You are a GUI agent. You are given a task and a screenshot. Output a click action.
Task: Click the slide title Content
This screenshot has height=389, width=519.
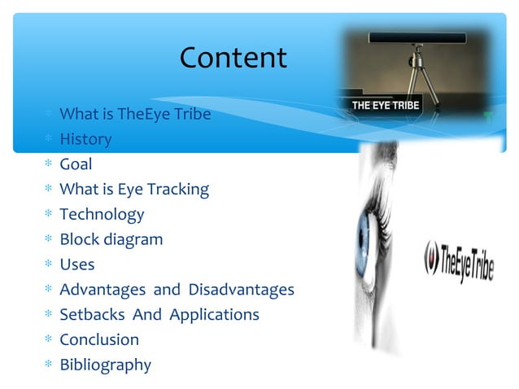(233, 58)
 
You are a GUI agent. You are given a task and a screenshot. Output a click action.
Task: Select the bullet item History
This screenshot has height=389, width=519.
(85, 139)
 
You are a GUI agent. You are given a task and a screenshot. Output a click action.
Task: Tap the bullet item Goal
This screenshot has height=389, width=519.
(76, 164)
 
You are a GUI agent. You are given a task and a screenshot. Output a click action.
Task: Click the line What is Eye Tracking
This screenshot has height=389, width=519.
(134, 190)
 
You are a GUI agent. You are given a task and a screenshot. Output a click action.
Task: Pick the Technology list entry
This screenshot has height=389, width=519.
(102, 215)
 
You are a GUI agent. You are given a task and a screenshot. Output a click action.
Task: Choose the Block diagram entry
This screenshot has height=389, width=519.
(111, 240)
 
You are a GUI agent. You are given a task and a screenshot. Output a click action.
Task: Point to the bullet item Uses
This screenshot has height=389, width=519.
(76, 264)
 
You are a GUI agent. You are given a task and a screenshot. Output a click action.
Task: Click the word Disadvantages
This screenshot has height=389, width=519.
(241, 290)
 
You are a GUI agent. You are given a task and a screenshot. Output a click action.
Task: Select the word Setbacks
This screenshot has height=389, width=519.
(89, 315)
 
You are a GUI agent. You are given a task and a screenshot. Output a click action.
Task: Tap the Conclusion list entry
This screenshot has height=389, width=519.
(99, 339)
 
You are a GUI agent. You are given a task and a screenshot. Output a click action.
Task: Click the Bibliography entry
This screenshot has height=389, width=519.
(105, 365)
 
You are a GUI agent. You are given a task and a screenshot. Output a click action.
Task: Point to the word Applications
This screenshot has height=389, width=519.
(214, 315)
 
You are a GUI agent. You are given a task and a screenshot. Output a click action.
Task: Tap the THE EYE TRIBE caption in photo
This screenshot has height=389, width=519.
(385, 107)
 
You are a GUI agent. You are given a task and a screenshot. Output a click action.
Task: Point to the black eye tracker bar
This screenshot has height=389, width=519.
(415, 37)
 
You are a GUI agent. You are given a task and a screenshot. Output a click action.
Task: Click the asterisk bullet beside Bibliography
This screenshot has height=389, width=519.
(48, 365)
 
